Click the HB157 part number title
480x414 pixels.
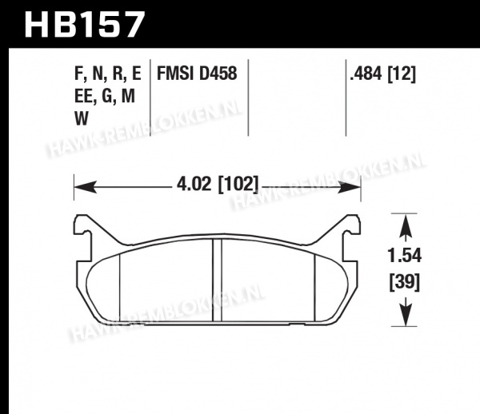pyautogui.click(x=84, y=24)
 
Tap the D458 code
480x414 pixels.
pyautogui.click(x=218, y=74)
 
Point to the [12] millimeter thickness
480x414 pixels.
pyautogui.click(x=402, y=74)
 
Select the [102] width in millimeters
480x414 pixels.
pyautogui.click(x=238, y=185)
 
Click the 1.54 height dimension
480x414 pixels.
pyautogui.click(x=404, y=256)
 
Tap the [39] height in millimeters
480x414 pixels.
pyautogui.click(x=404, y=282)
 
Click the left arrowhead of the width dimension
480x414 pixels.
pyautogui.click(x=86, y=187)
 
